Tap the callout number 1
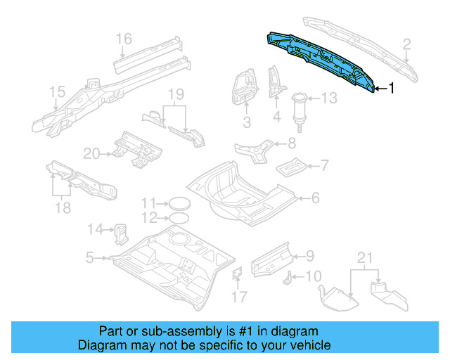pyautogui.click(x=392, y=88)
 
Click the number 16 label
pyautogui.click(x=124, y=39)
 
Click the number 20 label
pyautogui.click(x=92, y=153)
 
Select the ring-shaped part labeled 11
pyautogui.click(x=179, y=204)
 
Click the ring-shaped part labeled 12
pyautogui.click(x=179, y=217)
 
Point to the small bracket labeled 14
pyautogui.click(x=120, y=229)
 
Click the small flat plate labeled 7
pyautogui.click(x=290, y=168)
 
